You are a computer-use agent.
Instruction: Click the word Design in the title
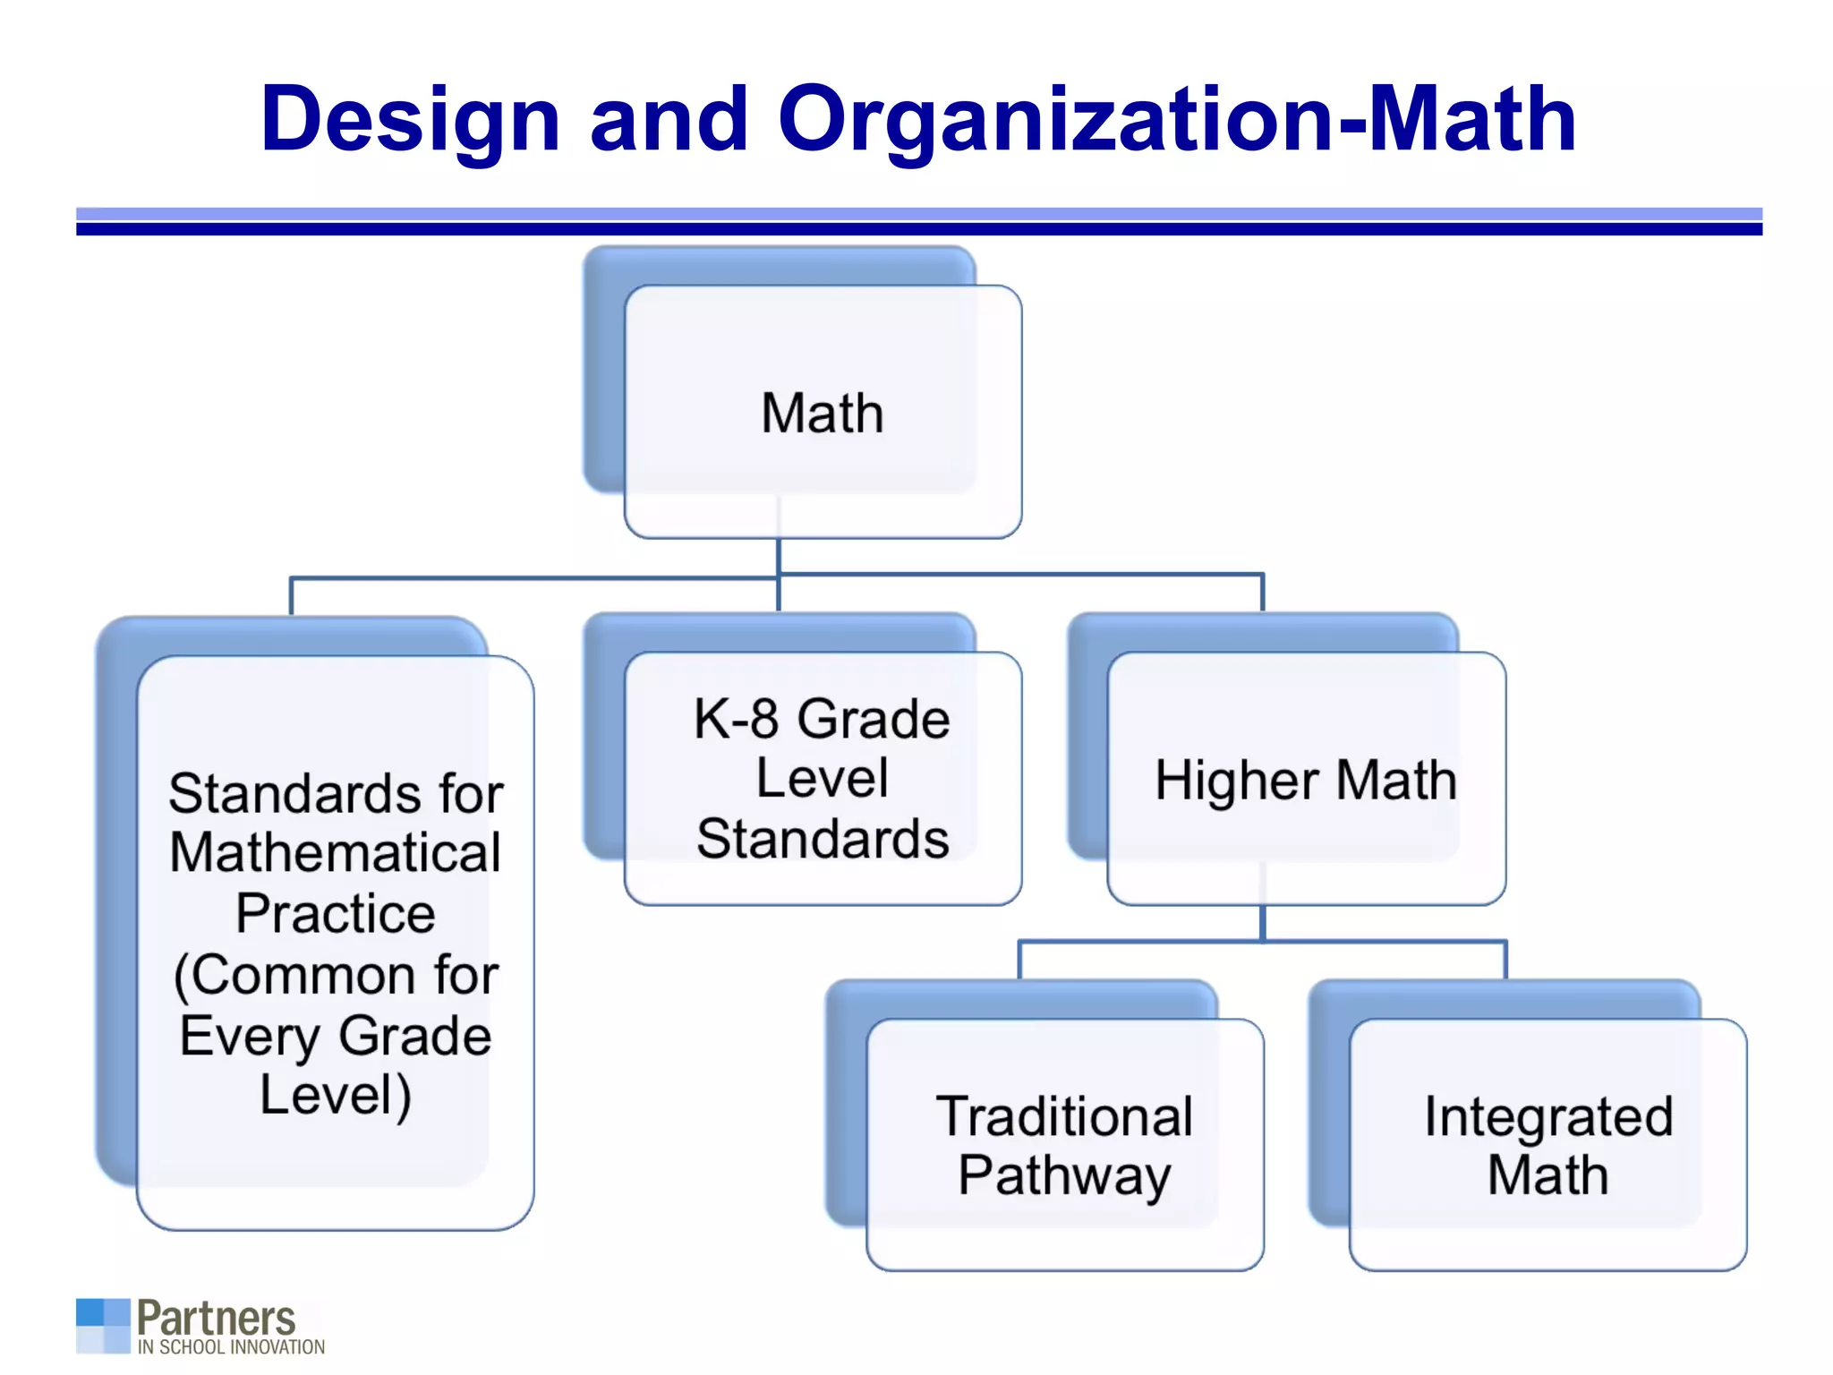[410, 119]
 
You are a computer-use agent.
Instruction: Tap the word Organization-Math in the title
[1177, 119]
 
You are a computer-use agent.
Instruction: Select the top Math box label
[823, 414]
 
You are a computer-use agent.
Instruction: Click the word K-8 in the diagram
[736, 719]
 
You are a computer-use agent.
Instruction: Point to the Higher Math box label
[1306, 780]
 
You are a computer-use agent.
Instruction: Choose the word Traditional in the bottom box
[1064, 1116]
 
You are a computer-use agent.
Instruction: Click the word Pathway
[1064, 1175]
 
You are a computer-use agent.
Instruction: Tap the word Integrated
[1548, 1116]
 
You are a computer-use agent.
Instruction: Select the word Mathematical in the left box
[336, 852]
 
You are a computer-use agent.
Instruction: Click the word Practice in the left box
[336, 913]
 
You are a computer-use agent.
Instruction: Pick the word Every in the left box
[250, 1036]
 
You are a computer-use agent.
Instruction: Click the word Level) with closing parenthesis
[336, 1095]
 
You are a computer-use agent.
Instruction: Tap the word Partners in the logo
[216, 1319]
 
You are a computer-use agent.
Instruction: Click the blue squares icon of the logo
[103, 1326]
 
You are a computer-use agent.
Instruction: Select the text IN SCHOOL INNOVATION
[231, 1347]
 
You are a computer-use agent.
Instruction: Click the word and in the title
[669, 119]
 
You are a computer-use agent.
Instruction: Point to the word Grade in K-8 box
[874, 719]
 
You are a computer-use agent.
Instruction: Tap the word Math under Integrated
[1548, 1175]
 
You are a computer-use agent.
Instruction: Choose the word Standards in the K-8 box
[823, 840]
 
